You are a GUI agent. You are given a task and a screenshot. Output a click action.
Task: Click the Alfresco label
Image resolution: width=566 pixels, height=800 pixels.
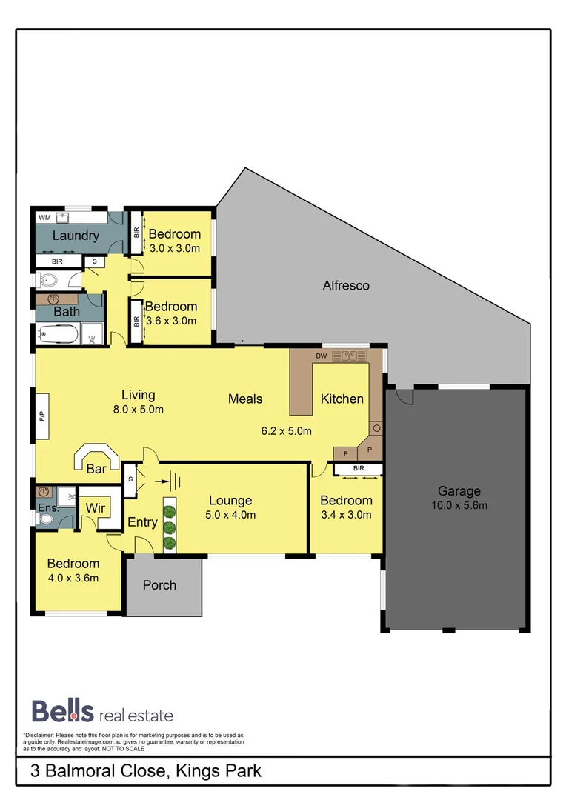point(346,285)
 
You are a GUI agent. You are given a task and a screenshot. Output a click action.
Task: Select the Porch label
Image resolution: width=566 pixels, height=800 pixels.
point(159,585)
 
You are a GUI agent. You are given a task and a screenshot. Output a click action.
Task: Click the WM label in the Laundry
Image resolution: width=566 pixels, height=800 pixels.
point(44,218)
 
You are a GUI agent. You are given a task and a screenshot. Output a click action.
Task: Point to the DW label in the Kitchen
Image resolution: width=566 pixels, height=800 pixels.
point(321,356)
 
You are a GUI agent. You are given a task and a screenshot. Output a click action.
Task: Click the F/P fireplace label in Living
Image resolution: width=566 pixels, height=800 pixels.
point(41,417)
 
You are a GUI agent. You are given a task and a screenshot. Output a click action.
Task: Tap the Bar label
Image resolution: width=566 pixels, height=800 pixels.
point(96,469)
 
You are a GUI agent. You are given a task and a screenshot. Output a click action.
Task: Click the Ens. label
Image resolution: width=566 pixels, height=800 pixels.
point(49,508)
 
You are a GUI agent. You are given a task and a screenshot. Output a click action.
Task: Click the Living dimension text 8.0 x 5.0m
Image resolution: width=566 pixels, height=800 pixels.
point(139,409)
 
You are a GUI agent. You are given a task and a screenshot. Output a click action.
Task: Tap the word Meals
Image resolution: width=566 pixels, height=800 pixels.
point(245,399)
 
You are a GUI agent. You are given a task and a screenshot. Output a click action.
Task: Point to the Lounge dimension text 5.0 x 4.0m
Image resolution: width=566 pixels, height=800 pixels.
point(231,515)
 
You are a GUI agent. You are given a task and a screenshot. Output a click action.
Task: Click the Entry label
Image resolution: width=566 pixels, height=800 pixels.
point(142,522)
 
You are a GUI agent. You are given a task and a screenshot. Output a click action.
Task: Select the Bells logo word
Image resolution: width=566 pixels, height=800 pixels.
point(62,711)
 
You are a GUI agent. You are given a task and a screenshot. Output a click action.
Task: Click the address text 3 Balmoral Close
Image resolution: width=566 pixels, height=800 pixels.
point(99,771)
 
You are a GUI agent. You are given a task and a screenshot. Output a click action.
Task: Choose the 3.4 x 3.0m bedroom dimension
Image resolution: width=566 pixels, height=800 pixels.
point(346,515)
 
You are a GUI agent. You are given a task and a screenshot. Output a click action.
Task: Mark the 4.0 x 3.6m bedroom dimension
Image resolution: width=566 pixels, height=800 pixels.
point(73,578)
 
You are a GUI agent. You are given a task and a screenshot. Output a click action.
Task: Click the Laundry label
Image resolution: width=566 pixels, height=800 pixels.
point(76,236)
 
